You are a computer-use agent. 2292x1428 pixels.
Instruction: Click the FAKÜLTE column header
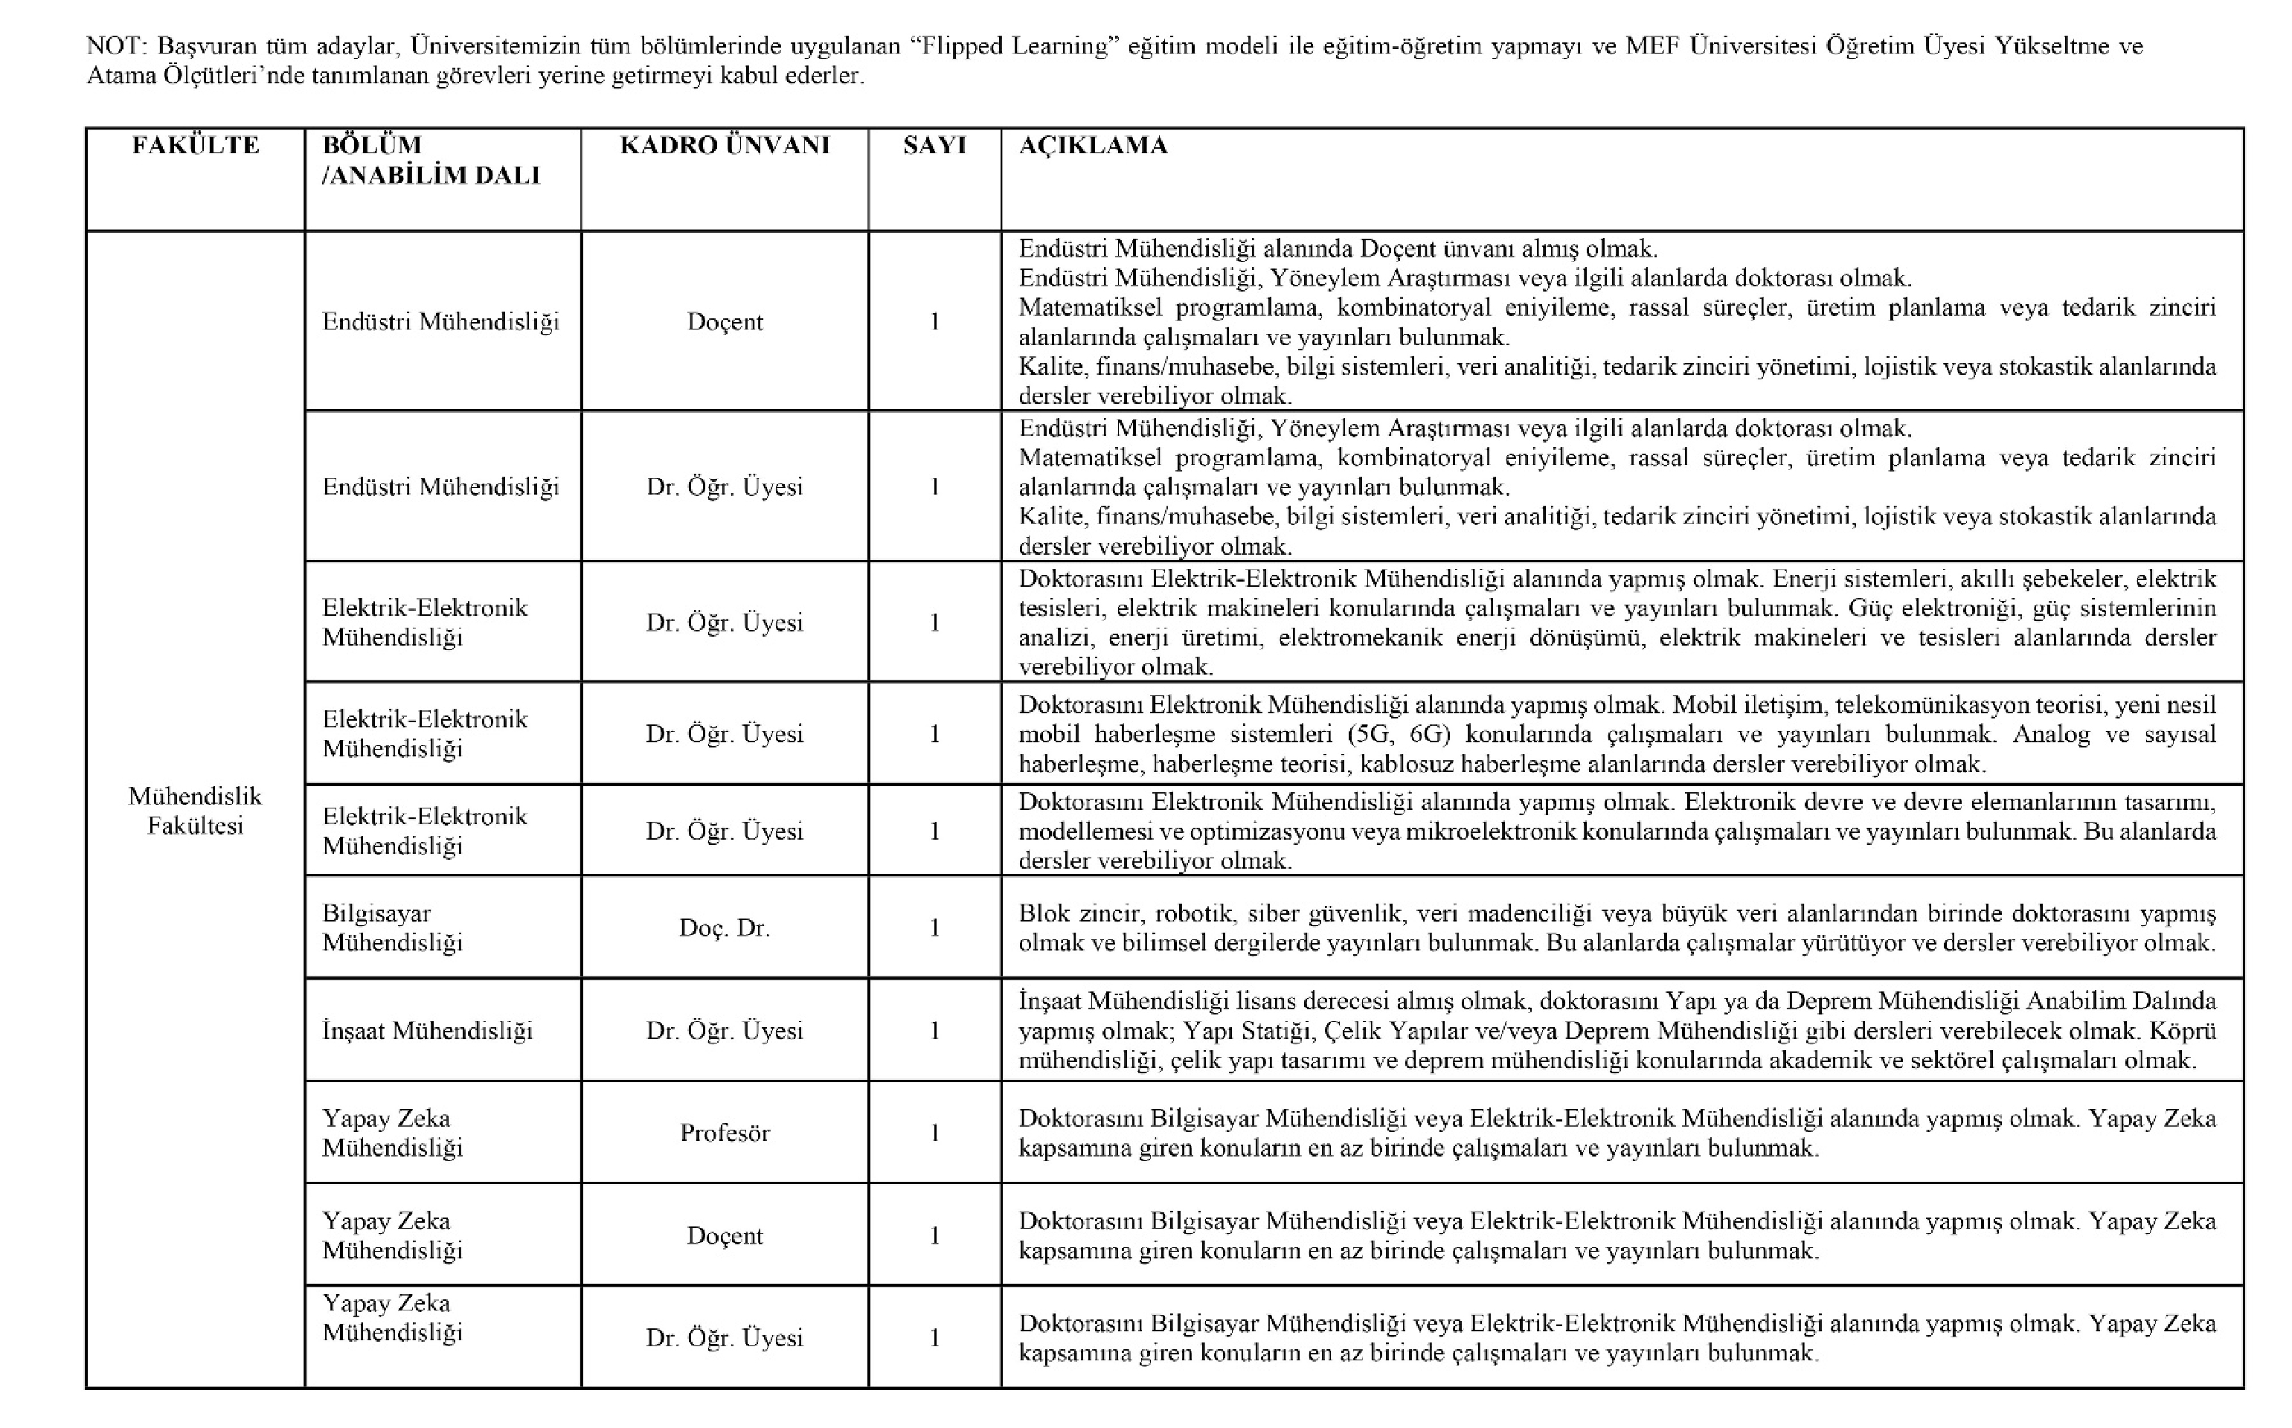coord(196,146)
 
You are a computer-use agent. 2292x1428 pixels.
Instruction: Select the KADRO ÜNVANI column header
coord(725,146)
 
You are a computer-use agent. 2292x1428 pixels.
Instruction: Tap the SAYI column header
coord(934,146)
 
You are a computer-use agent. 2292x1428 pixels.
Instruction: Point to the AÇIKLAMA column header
coord(1093,146)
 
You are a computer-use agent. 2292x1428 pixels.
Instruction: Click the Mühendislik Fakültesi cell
coord(196,811)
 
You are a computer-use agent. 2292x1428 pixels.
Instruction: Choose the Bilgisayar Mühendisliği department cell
coord(392,927)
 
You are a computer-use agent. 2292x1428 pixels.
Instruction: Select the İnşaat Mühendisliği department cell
coord(427,1030)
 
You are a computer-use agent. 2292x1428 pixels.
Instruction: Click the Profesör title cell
coord(725,1133)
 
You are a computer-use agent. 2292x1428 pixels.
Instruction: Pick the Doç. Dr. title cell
coord(725,927)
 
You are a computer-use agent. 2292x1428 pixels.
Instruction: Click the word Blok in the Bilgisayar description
coord(1044,913)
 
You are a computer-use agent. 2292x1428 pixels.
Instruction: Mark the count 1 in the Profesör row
coord(934,1133)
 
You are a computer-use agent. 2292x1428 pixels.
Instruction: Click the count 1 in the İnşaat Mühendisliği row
coord(934,1030)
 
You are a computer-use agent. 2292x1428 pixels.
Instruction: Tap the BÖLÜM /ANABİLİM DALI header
coord(431,161)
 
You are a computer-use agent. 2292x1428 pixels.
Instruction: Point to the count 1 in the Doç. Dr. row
coord(934,927)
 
